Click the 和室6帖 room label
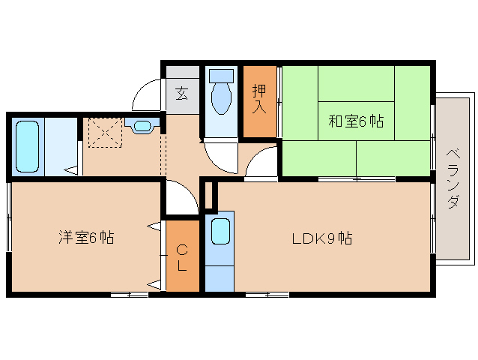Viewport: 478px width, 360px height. (x=355, y=121)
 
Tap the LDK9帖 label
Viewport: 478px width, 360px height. (x=322, y=239)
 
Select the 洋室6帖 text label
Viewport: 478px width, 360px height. (x=86, y=238)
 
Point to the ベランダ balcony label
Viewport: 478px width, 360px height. (x=453, y=179)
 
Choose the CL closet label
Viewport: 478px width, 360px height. (x=182, y=257)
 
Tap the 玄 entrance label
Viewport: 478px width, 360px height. (x=182, y=94)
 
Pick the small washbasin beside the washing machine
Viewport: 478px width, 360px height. (x=141, y=126)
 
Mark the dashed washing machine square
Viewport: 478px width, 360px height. (x=103, y=134)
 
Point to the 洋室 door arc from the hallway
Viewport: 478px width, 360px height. (x=180, y=199)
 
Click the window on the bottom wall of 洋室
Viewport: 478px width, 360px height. (x=129, y=295)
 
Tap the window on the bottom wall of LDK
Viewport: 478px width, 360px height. (x=267, y=295)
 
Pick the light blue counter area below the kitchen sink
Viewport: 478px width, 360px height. (x=219, y=274)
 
